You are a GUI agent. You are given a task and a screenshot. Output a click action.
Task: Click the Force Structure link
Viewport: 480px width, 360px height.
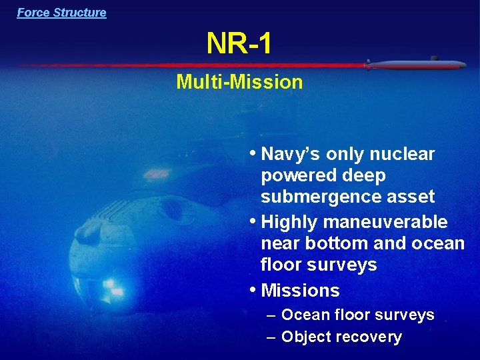(61, 13)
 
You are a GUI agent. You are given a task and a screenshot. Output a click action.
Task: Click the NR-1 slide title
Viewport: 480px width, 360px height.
(239, 45)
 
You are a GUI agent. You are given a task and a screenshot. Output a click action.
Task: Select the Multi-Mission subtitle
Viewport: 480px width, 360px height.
(239, 82)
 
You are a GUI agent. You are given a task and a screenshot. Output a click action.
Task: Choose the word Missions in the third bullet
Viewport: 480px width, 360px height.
(301, 291)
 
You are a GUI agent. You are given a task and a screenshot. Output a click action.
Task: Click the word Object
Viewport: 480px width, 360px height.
(308, 337)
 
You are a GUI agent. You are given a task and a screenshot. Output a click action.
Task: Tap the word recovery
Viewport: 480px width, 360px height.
(370, 337)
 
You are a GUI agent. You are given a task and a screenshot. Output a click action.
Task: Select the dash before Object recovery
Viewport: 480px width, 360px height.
(271, 337)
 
